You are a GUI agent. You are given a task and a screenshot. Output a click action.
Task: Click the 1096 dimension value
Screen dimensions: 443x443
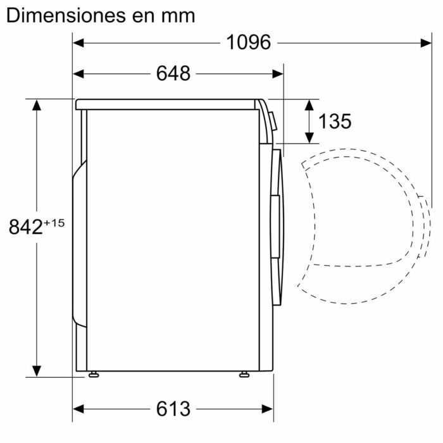(249, 42)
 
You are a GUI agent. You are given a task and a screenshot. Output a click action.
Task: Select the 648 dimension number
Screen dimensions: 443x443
(173, 73)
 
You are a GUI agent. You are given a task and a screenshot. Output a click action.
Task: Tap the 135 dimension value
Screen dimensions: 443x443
(334, 121)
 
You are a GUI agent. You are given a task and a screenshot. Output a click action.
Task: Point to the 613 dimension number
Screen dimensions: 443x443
(173, 409)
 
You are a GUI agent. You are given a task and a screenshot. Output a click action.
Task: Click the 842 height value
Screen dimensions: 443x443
(25, 227)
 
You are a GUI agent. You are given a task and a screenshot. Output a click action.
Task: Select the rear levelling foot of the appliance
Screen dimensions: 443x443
(94, 375)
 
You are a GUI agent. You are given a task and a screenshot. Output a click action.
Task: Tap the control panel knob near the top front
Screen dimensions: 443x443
(271, 121)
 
